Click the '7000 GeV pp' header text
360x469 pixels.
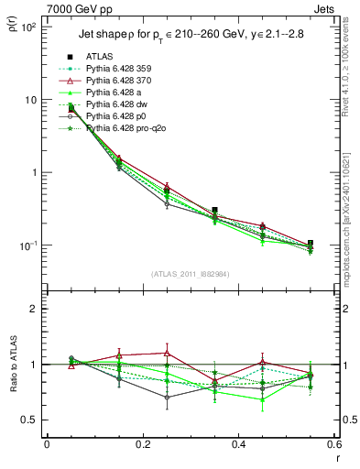pyautogui.click(x=74, y=8)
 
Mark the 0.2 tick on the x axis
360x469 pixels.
pyautogui.click(x=141, y=445)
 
